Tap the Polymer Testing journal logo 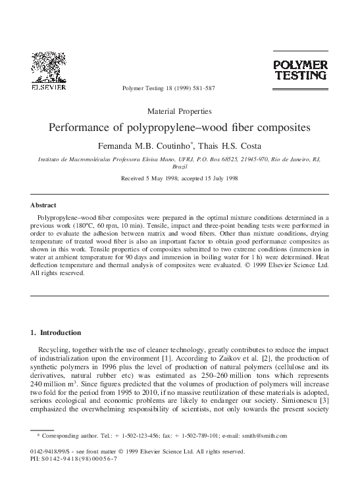pos(300,70)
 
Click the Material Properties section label pos(180,111)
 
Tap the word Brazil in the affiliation pos(180,167)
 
